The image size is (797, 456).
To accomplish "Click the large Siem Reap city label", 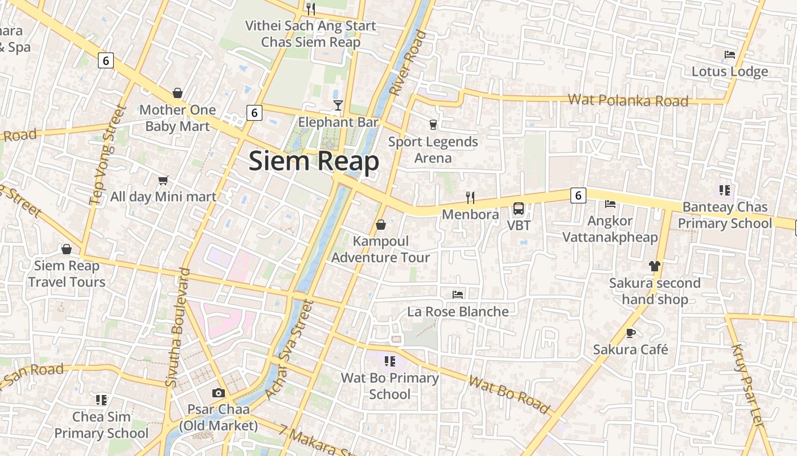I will click(x=314, y=161).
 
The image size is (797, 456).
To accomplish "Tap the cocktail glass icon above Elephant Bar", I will click(x=338, y=105).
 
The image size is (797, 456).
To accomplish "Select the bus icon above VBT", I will click(x=519, y=209).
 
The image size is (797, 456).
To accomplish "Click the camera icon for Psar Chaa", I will click(x=218, y=393).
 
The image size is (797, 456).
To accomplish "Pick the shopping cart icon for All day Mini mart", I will click(x=163, y=180).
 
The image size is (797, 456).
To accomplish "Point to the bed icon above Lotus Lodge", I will click(x=730, y=55).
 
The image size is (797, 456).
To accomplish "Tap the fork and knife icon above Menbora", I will click(x=470, y=198).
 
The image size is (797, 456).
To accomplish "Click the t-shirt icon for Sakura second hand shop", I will click(x=654, y=266).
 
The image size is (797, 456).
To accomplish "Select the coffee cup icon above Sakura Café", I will click(x=630, y=332).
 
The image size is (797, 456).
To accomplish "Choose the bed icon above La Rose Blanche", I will click(x=458, y=294).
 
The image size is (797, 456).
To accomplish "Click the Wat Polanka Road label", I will click(x=628, y=100).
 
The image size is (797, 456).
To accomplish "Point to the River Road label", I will click(x=408, y=63).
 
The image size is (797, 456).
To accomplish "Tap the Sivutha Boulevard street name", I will click(x=176, y=328).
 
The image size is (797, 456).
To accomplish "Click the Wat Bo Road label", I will click(x=509, y=394).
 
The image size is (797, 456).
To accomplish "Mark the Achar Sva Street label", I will click(x=289, y=349).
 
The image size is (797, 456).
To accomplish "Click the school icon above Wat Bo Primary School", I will click(x=389, y=361).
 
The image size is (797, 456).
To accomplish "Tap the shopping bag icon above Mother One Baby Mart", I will click(x=178, y=93).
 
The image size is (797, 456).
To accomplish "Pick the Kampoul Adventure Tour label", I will click(x=381, y=249).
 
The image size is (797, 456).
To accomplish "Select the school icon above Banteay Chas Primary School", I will click(x=724, y=190).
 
